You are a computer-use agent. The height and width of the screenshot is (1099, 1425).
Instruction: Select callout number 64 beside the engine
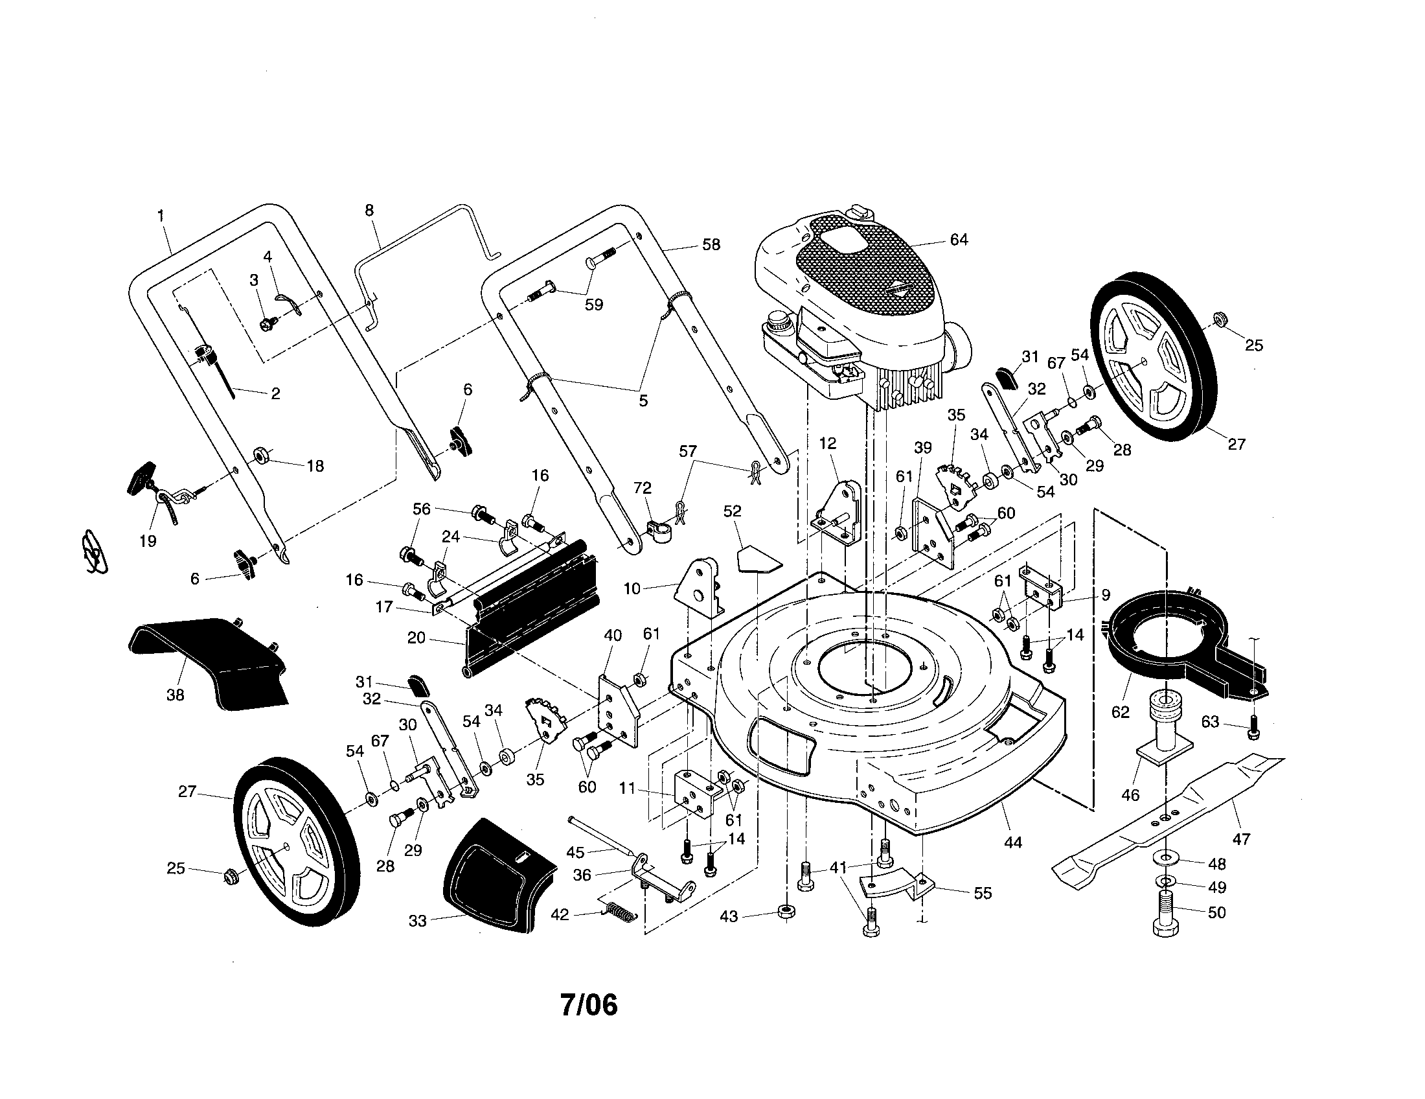(x=958, y=240)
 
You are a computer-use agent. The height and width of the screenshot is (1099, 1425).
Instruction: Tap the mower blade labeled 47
(x=1168, y=816)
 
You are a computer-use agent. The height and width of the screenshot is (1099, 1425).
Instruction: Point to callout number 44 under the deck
(x=1012, y=842)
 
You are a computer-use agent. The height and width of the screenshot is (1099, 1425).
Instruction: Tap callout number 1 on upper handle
(x=161, y=215)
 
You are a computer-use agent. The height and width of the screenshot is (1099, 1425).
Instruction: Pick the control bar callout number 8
(x=369, y=210)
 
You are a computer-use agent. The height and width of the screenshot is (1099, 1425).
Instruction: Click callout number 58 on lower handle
(x=711, y=244)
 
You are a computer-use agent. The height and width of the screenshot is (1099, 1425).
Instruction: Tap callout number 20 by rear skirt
(x=416, y=638)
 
